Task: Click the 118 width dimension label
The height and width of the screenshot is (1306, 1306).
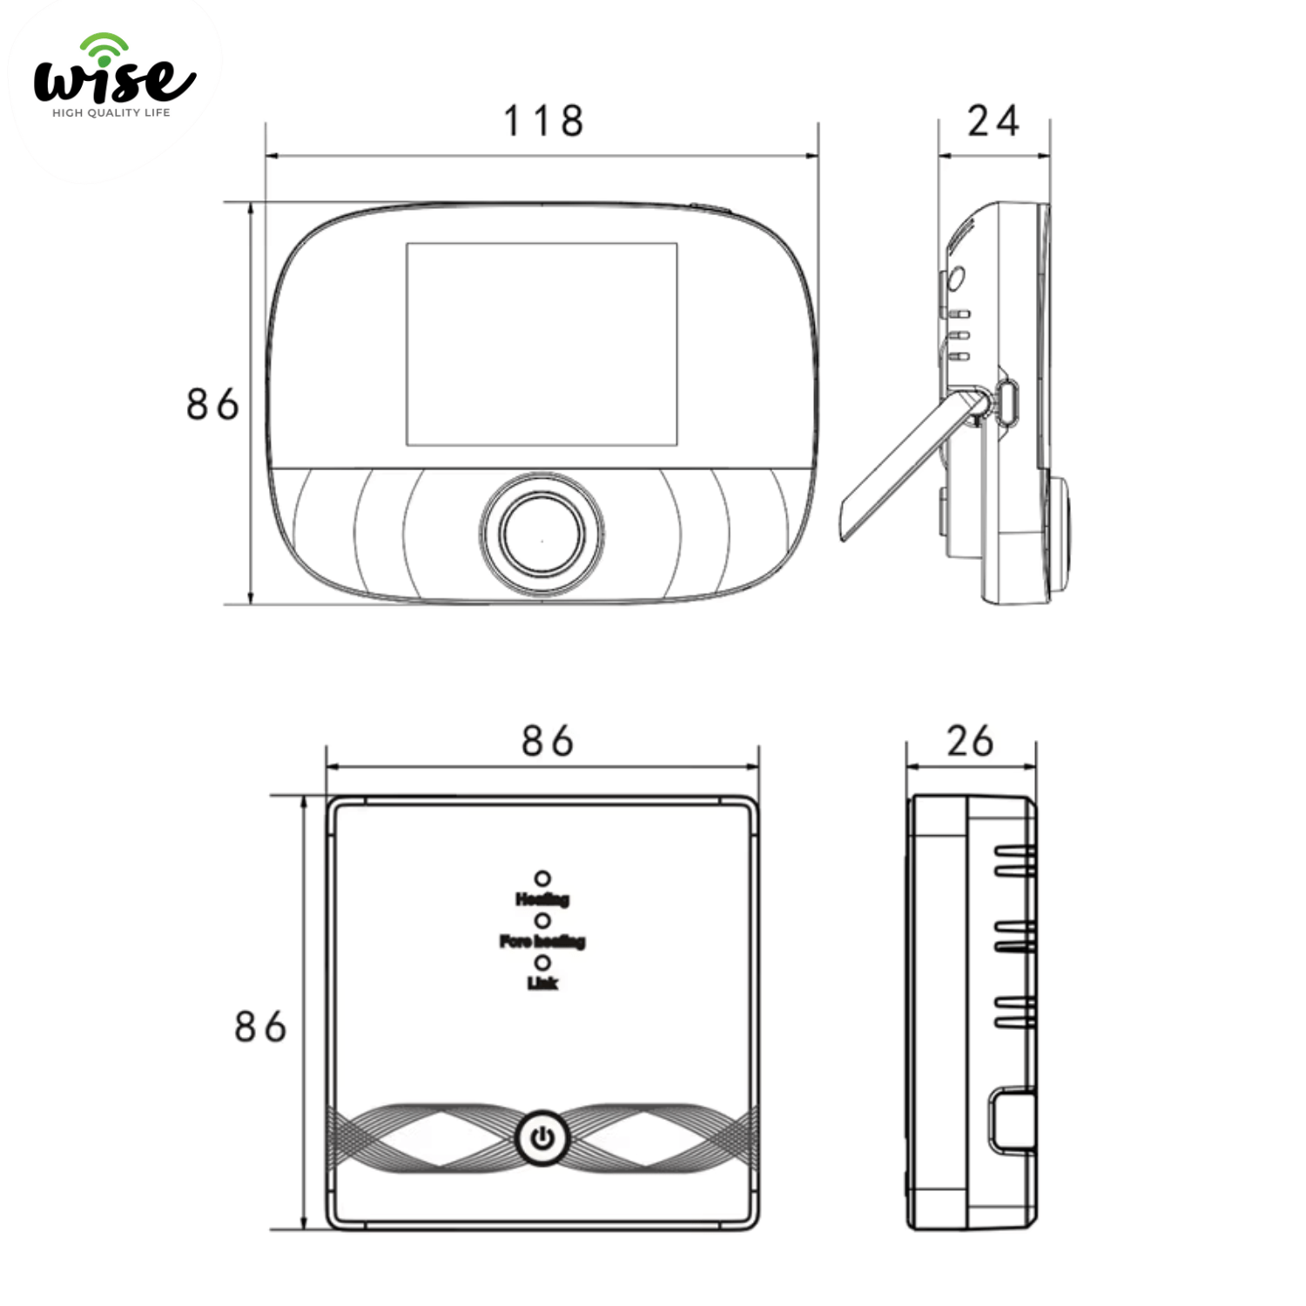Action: tap(543, 121)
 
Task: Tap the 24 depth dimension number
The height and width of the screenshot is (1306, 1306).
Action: tap(993, 121)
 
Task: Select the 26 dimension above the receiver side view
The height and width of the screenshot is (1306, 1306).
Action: tap(970, 741)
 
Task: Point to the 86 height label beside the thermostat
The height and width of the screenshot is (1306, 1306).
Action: tap(212, 405)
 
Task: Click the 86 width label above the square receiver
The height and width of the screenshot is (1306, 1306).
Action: tap(547, 741)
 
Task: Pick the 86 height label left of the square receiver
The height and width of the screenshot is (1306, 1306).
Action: tap(260, 1027)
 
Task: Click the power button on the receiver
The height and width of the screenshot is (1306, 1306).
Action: tap(542, 1138)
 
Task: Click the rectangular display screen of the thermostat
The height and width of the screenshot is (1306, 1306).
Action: tap(542, 344)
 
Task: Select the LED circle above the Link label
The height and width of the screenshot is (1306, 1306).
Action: tap(542, 963)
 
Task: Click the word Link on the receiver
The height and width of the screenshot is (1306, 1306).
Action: tap(542, 983)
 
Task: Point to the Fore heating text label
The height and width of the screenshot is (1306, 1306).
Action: tap(542, 941)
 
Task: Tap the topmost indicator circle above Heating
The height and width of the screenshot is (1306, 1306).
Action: tap(542, 879)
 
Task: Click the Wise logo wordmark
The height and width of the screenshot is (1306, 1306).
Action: tap(114, 81)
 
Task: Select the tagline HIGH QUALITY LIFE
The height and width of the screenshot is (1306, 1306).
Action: tap(111, 112)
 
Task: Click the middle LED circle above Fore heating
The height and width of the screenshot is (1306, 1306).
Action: tap(542, 920)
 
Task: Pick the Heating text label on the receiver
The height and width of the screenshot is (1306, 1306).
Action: tap(542, 899)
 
